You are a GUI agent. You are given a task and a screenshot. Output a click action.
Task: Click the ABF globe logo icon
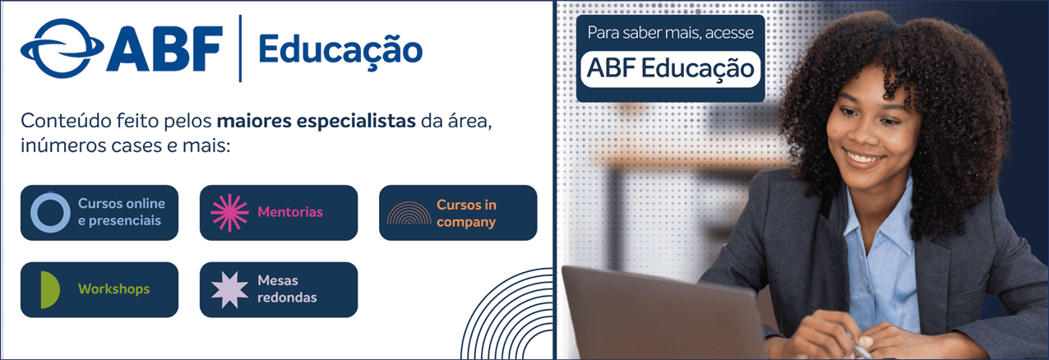[61, 48]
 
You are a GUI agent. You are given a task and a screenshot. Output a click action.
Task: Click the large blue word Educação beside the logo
[340, 50]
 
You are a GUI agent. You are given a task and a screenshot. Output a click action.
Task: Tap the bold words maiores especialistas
[317, 121]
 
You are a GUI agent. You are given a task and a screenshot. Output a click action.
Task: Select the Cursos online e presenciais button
[99, 213]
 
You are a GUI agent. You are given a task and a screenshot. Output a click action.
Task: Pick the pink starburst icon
[229, 213]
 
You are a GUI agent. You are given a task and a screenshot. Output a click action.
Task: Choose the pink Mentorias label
[290, 212]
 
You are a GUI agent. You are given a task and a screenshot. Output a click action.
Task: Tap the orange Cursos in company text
[466, 213]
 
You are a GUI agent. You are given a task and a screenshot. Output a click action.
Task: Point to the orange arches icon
[409, 206]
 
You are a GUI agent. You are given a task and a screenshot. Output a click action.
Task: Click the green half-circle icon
[50, 289]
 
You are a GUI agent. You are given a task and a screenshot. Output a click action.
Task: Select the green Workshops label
[113, 288]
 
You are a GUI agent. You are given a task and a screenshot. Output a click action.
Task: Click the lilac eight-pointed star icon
[229, 289]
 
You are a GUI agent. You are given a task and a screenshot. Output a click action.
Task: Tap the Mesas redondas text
[287, 288]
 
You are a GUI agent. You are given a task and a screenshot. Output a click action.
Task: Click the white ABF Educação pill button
[670, 69]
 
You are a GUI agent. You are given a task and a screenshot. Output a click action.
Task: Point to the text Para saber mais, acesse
[670, 33]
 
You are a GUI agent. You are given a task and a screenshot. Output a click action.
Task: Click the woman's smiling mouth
[863, 157]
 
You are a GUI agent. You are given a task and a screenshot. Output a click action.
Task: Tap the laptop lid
[656, 312]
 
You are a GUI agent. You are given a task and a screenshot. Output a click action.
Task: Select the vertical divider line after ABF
[241, 48]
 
